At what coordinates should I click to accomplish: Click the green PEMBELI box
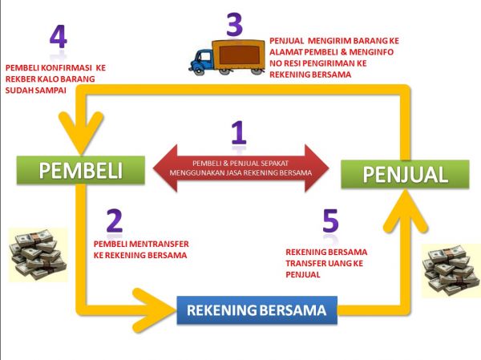[x=83, y=171]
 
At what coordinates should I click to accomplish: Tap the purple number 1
[x=238, y=131]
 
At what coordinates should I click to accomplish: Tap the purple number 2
[x=114, y=220]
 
